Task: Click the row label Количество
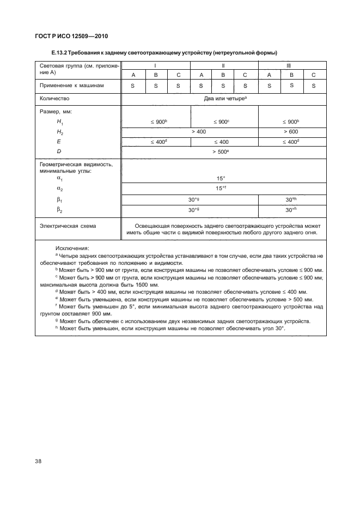(55, 99)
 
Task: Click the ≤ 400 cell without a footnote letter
(224, 142)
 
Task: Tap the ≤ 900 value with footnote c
(224, 122)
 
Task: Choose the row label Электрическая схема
(64, 225)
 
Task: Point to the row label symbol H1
(59, 123)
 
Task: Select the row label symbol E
(58, 142)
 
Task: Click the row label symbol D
(58, 152)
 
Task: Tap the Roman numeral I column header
(155, 65)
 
